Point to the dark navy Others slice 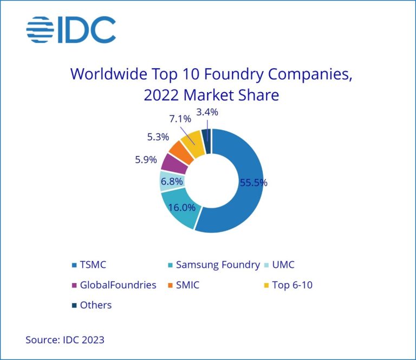click(x=206, y=137)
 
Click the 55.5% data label click(x=253, y=183)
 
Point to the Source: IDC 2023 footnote click(x=65, y=340)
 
